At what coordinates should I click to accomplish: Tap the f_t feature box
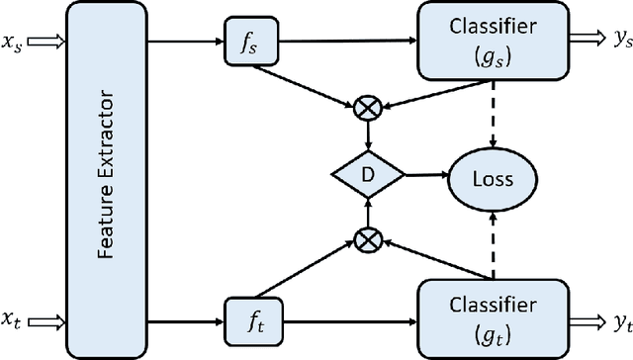click(246, 319)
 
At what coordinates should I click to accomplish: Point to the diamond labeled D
click(367, 177)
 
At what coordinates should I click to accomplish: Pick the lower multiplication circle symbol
click(367, 237)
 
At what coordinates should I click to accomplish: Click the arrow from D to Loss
click(425, 177)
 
